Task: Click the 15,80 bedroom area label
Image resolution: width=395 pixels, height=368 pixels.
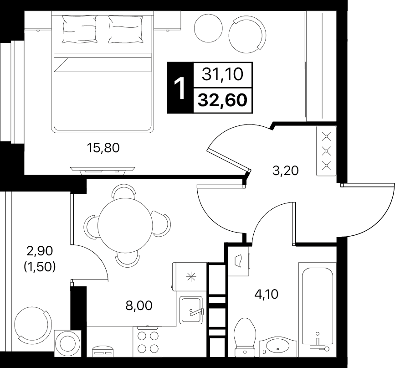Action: click(x=103, y=148)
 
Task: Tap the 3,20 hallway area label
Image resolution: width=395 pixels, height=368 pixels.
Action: click(x=285, y=171)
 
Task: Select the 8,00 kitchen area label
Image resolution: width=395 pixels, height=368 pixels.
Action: click(x=139, y=306)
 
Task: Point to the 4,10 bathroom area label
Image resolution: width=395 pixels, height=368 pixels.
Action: click(x=266, y=294)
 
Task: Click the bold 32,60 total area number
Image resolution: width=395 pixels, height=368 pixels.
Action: click(x=222, y=100)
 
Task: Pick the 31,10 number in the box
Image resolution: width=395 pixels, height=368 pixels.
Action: click(x=222, y=75)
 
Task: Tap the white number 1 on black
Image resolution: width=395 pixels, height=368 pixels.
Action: click(x=180, y=88)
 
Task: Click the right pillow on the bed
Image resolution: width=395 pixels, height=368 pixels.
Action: click(x=126, y=29)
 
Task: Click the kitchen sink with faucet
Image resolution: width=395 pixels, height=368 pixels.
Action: click(x=191, y=310)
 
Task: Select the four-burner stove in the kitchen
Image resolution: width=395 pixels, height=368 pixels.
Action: click(x=148, y=342)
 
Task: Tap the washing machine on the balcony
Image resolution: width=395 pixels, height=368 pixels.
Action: click(x=68, y=343)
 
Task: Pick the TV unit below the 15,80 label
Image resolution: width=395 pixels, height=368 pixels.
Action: click(x=103, y=171)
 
